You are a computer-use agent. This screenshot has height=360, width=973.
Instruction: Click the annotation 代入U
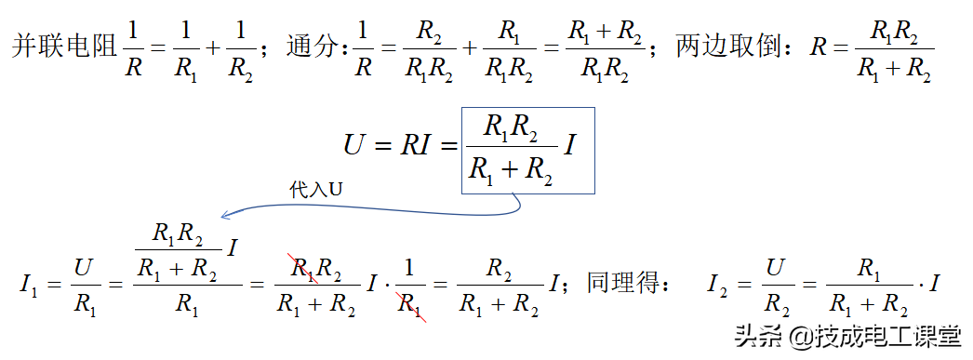(x=315, y=190)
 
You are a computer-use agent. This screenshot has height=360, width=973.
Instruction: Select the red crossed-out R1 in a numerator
(x=303, y=270)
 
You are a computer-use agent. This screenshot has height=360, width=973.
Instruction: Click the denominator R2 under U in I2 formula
(x=775, y=303)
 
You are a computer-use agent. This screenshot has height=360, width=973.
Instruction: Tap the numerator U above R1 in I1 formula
(x=85, y=267)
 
